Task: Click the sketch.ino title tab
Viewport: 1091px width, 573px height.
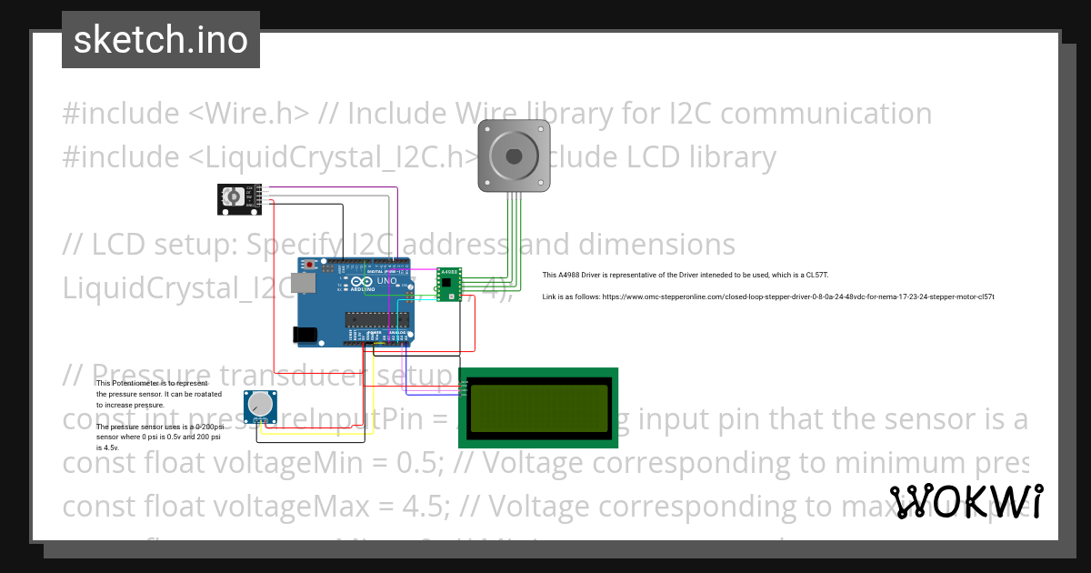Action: pyautogui.click(x=161, y=40)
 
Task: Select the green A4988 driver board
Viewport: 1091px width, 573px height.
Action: pyautogui.click(x=448, y=284)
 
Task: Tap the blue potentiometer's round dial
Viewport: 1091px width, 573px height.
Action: pyautogui.click(x=261, y=404)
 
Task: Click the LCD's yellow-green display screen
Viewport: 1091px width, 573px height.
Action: pyautogui.click(x=538, y=407)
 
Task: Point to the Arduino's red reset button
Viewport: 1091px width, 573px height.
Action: pyautogui.click(x=311, y=265)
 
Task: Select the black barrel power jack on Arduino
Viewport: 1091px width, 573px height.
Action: pyautogui.click(x=305, y=335)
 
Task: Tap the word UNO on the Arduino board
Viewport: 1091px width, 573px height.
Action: pyautogui.click(x=387, y=280)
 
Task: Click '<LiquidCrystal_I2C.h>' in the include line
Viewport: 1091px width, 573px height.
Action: pyautogui.click(x=335, y=157)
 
